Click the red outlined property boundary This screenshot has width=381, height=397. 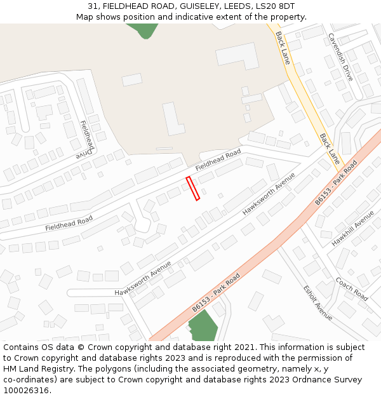click(x=193, y=189)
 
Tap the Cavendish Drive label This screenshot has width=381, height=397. click(x=340, y=57)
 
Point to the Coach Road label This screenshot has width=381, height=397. click(x=352, y=289)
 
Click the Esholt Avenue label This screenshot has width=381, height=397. click(x=317, y=301)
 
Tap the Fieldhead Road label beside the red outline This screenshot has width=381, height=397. click(x=218, y=160)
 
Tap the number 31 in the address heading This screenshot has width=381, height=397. click(x=93, y=6)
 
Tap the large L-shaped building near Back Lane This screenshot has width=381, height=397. click(x=237, y=55)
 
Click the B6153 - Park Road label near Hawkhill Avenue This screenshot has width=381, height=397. click(x=337, y=183)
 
